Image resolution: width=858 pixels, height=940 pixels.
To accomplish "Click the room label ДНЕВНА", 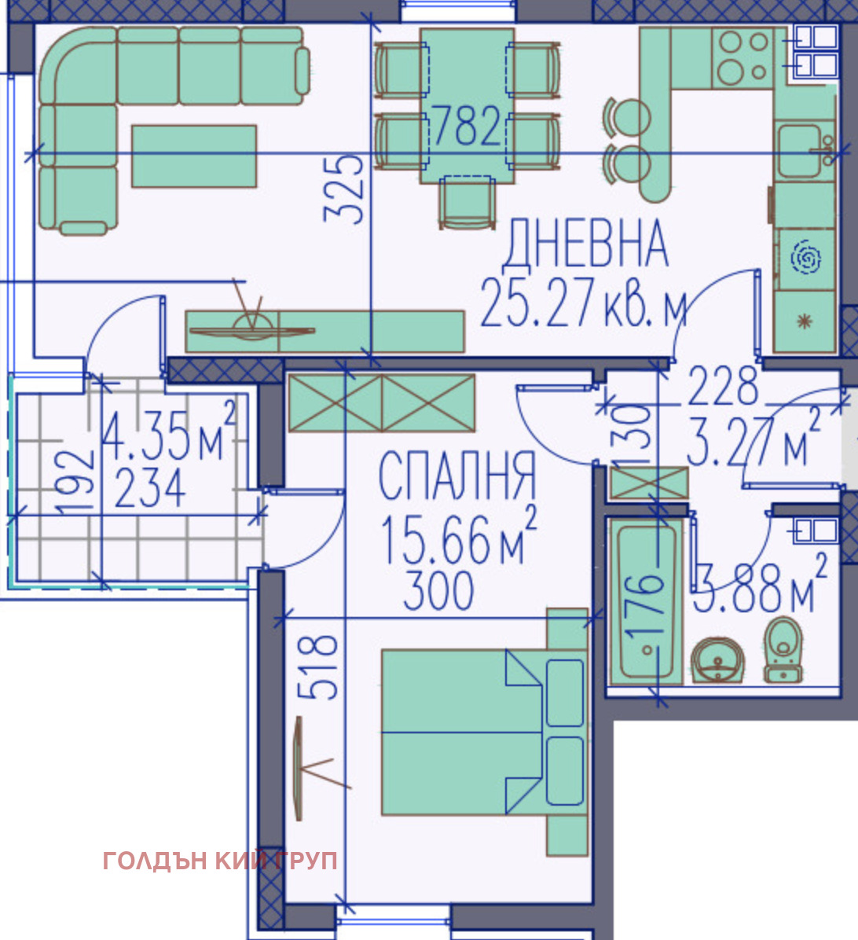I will pos(585,245).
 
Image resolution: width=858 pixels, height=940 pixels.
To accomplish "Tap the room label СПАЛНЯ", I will pos(456,476).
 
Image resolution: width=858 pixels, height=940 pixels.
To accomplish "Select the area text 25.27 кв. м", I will pos(582,303).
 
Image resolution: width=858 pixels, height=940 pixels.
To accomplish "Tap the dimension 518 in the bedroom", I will pos(321,667).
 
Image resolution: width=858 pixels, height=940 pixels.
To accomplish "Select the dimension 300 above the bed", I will pos(438,590).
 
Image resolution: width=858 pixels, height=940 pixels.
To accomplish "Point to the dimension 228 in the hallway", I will pos(723,385).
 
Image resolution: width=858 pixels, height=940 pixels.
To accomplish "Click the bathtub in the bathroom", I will pos(646,603).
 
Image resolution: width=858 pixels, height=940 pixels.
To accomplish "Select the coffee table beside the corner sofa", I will pos(193,156).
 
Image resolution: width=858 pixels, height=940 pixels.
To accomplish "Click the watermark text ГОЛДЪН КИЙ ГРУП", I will pos(220,861).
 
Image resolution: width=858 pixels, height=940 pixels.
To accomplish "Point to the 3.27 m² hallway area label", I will pos(753,442).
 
